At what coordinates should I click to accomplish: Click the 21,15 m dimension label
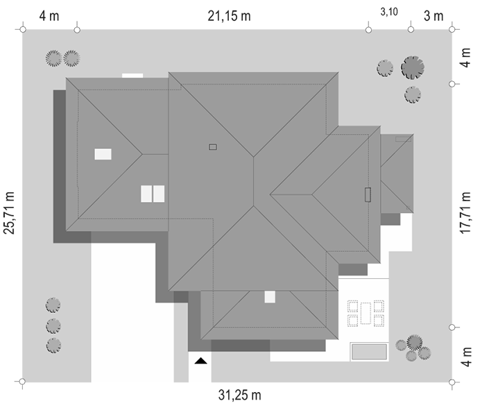click(x=229, y=16)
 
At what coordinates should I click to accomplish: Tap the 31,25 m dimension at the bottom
click(x=240, y=395)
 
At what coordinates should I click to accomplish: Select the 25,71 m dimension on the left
click(x=9, y=213)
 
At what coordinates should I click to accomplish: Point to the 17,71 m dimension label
click(x=465, y=213)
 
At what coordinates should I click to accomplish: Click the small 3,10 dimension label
click(x=389, y=12)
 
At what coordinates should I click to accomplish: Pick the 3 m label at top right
click(x=434, y=16)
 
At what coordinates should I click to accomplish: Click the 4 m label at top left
click(x=49, y=16)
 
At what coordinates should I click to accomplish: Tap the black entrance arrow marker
click(x=201, y=361)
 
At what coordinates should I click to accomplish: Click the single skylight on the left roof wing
click(x=103, y=154)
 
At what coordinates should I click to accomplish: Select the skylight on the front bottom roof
click(x=270, y=297)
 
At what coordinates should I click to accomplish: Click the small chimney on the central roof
click(x=213, y=147)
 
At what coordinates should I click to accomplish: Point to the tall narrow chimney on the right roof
click(x=368, y=194)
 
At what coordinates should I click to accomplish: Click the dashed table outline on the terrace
click(x=366, y=313)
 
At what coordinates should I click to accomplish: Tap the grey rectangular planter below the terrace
click(x=369, y=352)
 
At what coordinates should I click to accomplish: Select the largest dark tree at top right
click(x=413, y=67)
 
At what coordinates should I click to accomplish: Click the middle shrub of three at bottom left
click(x=53, y=325)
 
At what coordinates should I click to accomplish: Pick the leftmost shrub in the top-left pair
click(x=53, y=58)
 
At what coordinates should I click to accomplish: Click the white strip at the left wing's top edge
click(x=132, y=76)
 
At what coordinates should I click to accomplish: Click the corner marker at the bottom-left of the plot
click(x=22, y=382)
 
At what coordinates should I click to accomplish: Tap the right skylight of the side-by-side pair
click(x=159, y=194)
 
